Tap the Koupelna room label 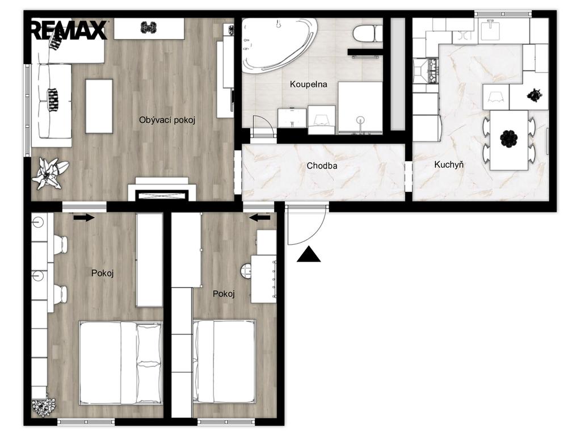pyautogui.click(x=308, y=84)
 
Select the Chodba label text pyautogui.click(x=322, y=166)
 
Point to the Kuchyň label pyautogui.click(x=449, y=164)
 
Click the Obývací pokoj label pyautogui.click(x=167, y=120)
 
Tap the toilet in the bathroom pyautogui.click(x=367, y=33)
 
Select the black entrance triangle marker pyautogui.click(x=308, y=255)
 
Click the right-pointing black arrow pyautogui.click(x=84, y=218)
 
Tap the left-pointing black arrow pyautogui.click(x=260, y=218)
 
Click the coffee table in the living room pyautogui.click(x=99, y=106)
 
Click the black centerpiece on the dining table pyautogui.click(x=509, y=140)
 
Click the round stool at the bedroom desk pyautogui.click(x=246, y=271)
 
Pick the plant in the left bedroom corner pyautogui.click(x=43, y=408)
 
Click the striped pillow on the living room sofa pyautogui.click(x=53, y=99)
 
